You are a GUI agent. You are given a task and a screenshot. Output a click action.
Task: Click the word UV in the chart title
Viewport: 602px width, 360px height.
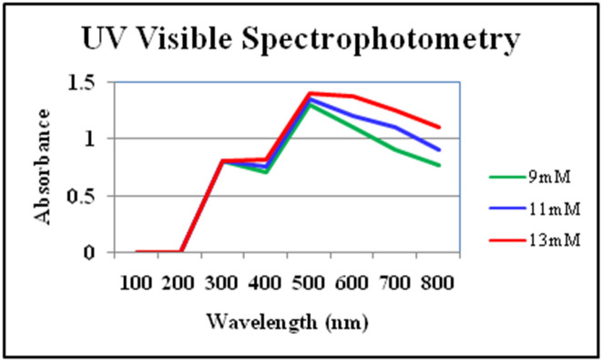point(103,40)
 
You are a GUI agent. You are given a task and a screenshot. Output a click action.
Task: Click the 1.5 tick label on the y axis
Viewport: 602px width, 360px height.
point(83,83)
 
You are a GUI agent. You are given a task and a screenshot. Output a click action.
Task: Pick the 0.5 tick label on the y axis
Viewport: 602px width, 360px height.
point(83,196)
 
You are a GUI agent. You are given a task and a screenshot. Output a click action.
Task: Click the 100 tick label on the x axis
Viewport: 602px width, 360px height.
point(136,283)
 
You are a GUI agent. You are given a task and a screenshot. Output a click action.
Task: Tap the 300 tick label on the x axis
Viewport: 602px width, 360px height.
point(223,283)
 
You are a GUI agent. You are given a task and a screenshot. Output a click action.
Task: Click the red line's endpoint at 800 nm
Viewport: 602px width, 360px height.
point(440,128)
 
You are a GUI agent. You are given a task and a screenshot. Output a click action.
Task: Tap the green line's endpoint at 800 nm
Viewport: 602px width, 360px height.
point(440,166)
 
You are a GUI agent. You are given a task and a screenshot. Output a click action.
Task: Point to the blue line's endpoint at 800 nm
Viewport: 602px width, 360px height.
point(440,150)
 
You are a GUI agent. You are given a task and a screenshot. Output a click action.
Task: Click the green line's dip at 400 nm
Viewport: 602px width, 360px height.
point(267,172)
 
